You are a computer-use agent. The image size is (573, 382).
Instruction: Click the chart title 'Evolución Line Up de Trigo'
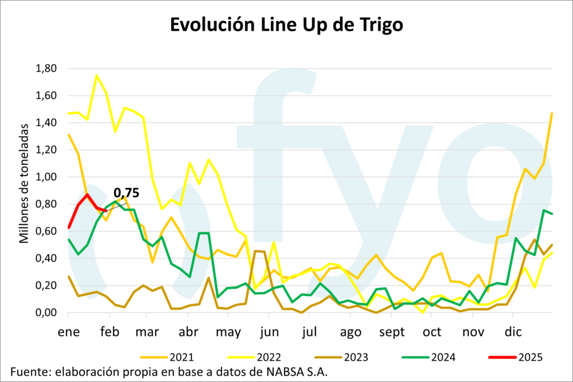(286, 26)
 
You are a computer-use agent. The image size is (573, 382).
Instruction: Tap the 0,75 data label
(126, 194)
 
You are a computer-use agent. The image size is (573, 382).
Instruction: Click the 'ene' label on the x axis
(68, 332)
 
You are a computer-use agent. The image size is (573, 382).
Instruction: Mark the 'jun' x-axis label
(270, 332)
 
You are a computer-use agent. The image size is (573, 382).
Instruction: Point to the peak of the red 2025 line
(87, 195)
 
